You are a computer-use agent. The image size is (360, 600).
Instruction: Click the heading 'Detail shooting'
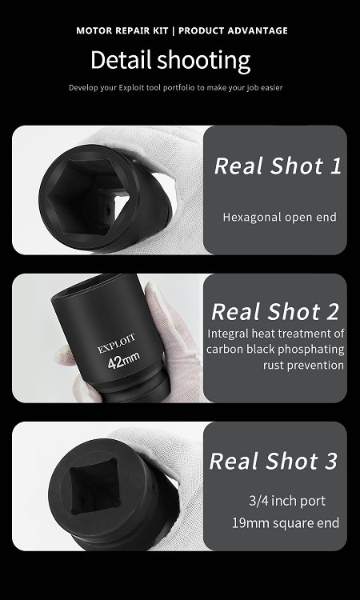pos(170,61)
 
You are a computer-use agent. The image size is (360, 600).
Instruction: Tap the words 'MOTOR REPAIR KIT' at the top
pos(122,30)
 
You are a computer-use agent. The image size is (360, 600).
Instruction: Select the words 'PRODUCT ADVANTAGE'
pos(233,30)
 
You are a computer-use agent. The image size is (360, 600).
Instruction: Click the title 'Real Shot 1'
pos(278,166)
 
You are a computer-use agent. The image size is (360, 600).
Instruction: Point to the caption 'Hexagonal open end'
pos(280,217)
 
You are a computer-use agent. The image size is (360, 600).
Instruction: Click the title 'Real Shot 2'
pos(275,311)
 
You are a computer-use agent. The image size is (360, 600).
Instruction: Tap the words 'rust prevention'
pos(303,365)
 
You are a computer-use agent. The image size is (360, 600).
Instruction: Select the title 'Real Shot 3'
pos(273,460)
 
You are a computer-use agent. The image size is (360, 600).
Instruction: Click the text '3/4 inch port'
pos(287,501)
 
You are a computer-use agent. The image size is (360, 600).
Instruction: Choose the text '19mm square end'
pos(286,522)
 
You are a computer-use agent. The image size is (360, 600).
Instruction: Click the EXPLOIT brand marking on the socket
pos(116,344)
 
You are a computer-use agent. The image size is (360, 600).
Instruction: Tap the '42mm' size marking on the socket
pos(123,361)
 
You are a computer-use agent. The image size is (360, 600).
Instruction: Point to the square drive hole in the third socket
pos(94,486)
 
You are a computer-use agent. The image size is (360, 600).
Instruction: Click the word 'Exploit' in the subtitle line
pos(132,88)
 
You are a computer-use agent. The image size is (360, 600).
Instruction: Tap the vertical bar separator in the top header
pos(174,30)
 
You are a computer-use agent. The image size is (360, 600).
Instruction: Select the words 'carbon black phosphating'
pos(275,349)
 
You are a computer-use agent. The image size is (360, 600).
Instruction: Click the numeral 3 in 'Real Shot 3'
pos(331,461)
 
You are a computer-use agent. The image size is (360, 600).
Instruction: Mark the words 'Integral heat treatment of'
pos(276,334)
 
